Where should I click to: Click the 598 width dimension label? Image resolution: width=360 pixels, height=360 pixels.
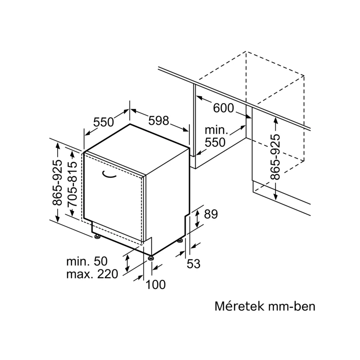click(x=159, y=121)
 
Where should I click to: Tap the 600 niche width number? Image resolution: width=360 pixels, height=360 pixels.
click(x=223, y=108)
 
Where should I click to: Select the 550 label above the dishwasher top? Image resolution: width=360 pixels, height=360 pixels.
click(x=103, y=122)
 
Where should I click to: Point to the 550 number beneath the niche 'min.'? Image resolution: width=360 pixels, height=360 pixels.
click(x=215, y=142)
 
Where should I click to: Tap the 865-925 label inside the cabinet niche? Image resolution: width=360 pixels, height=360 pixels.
click(x=275, y=157)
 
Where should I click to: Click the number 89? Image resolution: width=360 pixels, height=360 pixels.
click(x=211, y=214)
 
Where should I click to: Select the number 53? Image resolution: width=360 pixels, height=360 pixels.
click(x=193, y=264)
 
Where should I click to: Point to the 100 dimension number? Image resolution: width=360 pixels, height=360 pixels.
click(x=155, y=285)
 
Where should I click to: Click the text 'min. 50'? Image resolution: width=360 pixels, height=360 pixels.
click(x=87, y=261)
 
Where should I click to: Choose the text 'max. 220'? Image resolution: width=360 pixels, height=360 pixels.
click(x=92, y=274)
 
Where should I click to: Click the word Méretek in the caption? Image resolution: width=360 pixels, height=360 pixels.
click(x=237, y=306)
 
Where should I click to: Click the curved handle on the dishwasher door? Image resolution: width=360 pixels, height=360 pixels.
click(x=108, y=174)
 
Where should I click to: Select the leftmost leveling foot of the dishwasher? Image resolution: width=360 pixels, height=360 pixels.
click(x=97, y=236)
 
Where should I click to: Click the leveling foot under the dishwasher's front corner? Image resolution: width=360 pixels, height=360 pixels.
click(x=151, y=258)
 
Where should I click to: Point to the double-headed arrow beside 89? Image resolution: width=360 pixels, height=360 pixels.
click(x=197, y=219)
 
